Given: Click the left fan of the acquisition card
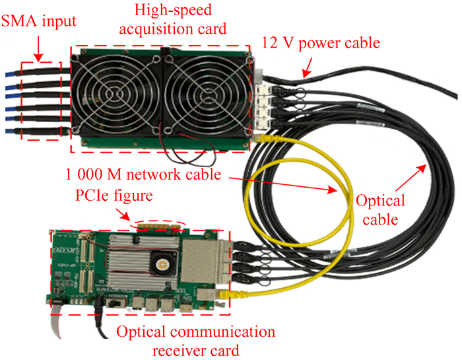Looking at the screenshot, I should pos(119,94).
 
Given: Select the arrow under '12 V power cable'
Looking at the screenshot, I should pos(306,66).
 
